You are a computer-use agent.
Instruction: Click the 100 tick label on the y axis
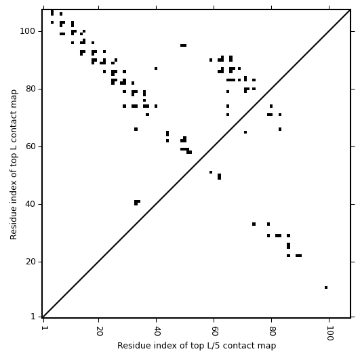point(27,31)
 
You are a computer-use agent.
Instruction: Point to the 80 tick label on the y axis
point(30,89)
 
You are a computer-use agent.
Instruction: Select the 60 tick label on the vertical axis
point(30,146)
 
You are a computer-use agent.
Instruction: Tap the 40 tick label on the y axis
point(30,204)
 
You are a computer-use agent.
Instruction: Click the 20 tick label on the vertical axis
point(30,262)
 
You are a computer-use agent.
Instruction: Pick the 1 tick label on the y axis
point(33,317)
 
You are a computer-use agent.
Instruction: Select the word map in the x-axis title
point(268,346)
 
